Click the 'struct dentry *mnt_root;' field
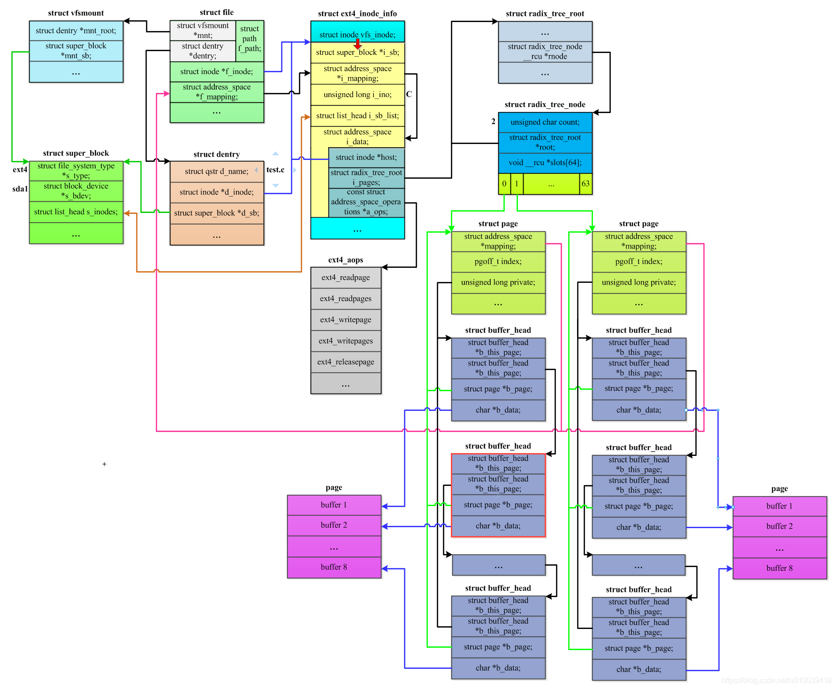[x=76, y=31]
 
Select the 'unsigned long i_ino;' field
[x=357, y=95]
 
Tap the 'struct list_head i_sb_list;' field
[x=357, y=116]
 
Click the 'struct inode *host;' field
[x=366, y=158]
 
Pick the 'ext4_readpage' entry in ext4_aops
[x=345, y=278]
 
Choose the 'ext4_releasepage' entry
[x=345, y=362]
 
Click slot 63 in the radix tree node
[x=585, y=184]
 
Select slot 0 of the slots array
[x=504, y=184]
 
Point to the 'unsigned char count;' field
[x=545, y=122]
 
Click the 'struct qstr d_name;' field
[x=216, y=172]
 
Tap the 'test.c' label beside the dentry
[x=275, y=170]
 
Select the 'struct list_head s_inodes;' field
[x=76, y=212]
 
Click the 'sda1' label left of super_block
[x=20, y=189]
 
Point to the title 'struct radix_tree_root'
[x=545, y=14]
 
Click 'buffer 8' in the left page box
[x=334, y=567]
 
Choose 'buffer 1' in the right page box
[x=779, y=506]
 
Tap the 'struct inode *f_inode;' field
[x=216, y=72]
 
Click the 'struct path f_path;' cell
[x=250, y=39]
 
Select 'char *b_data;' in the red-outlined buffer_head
[x=498, y=526]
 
